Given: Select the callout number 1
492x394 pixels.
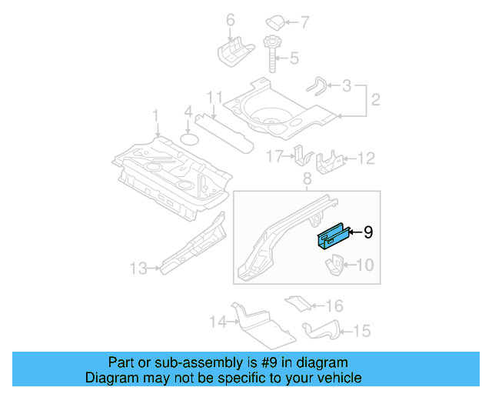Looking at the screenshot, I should coord(155,116).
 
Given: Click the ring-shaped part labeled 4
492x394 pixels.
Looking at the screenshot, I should coord(190,139).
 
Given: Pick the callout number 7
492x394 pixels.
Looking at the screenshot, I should coord(302,21).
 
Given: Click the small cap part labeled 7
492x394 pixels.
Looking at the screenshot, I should coord(275,21).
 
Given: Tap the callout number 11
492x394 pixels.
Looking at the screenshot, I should coord(214,98).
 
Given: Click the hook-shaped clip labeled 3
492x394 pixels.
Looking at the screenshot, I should coord(317,84).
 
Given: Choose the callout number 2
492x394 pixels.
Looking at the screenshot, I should coord(376,100).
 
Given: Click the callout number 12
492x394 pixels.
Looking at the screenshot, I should coord(366,159).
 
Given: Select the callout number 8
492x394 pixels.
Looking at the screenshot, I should coord(307,180).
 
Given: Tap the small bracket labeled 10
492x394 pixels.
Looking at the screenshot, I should coord(334,266).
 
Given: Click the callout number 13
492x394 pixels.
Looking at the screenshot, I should coord(138,269).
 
